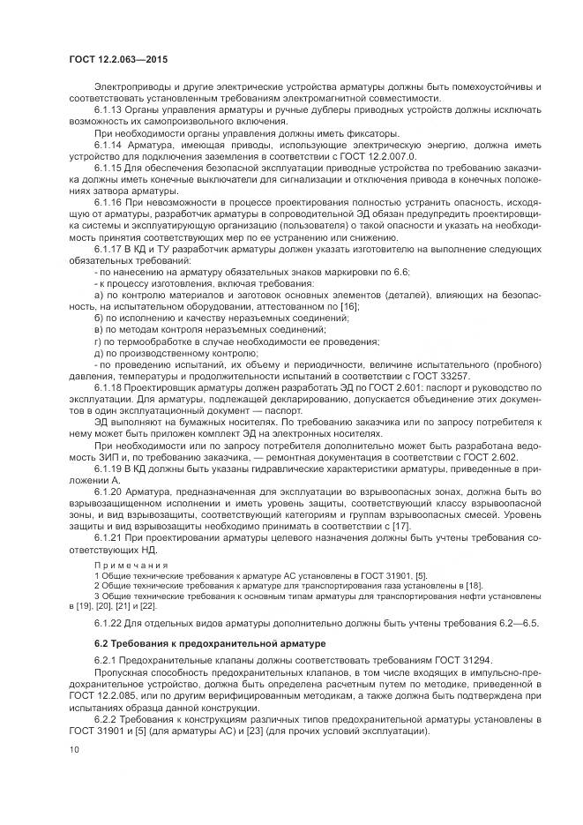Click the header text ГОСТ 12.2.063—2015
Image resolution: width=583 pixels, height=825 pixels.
118,58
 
